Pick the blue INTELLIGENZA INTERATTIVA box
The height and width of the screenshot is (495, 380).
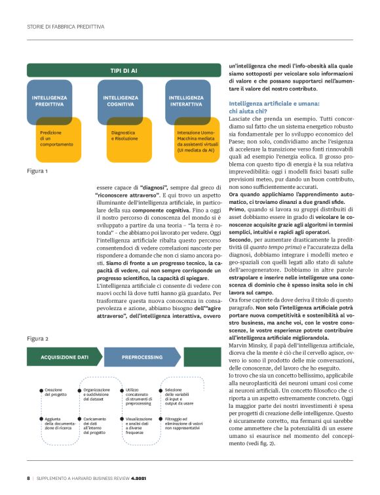(187, 101)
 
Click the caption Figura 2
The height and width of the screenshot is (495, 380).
(37, 338)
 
